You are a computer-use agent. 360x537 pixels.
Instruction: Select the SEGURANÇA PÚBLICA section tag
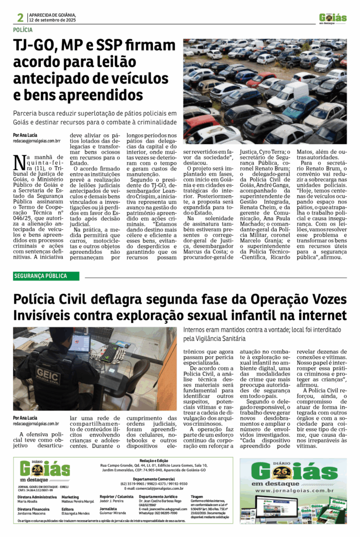[40, 276]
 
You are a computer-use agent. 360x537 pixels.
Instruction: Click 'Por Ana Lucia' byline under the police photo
[25, 417]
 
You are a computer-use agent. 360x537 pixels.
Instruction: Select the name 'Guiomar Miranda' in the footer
[113, 512]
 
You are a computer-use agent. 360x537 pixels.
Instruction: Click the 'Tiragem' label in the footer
[197, 496]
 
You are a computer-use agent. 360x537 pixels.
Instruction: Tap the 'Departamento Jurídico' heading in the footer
[156, 496]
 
